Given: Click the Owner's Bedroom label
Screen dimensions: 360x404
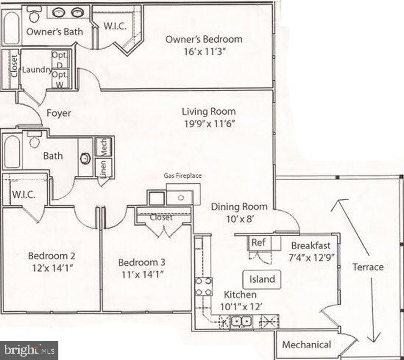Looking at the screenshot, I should coord(203,39).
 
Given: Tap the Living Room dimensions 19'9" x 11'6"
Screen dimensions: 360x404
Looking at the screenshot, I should coord(209,123).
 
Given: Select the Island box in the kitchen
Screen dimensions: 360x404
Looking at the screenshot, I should coord(262,279).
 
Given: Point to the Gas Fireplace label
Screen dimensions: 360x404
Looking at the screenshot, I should coord(183,175).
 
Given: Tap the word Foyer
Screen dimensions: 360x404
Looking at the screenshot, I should coord(59,113).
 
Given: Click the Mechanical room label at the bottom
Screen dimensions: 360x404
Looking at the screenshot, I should coord(306,345).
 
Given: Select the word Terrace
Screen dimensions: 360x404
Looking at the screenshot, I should coord(368,267).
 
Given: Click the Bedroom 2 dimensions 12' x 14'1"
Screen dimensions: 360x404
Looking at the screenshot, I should coord(51,268).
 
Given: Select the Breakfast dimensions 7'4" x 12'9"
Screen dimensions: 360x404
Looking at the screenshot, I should coord(311,257).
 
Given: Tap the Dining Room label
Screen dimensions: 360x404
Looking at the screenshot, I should coord(239,207).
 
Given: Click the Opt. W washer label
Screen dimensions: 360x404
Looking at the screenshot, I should coord(60,78).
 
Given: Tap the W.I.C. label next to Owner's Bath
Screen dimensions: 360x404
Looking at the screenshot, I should coord(115,26).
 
